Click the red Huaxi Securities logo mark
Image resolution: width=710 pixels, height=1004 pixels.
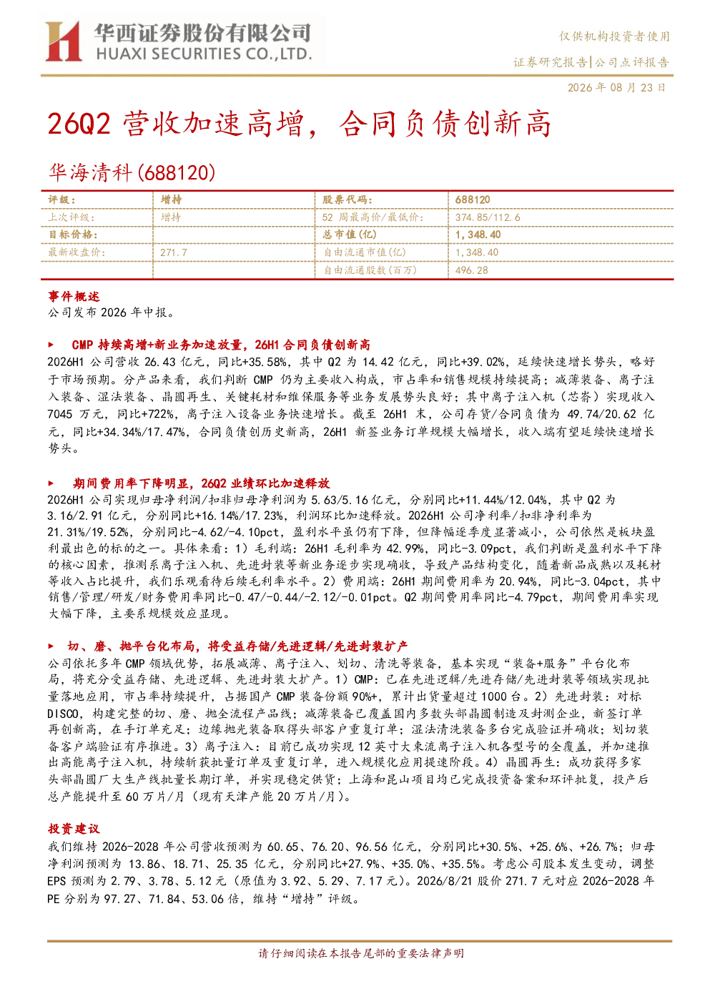pyautogui.click(x=64, y=41)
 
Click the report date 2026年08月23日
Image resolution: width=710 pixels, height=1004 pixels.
pyautogui.click(x=616, y=87)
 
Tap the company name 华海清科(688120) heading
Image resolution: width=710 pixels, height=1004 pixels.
pyautogui.click(x=132, y=172)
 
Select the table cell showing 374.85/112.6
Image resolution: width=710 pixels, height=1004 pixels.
pyautogui.click(x=488, y=217)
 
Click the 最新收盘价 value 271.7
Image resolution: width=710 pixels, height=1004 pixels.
pyautogui.click(x=174, y=252)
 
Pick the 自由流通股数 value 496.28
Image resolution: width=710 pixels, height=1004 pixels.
pyautogui.click(x=471, y=270)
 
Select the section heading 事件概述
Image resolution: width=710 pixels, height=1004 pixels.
pyautogui.click(x=74, y=296)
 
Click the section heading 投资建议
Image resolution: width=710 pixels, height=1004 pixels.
pyautogui.click(x=74, y=829)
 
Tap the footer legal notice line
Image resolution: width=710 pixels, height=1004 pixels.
pyautogui.click(x=361, y=953)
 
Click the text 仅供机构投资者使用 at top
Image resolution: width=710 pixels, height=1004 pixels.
pyautogui.click(x=614, y=36)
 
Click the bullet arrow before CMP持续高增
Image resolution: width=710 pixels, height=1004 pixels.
pyautogui.click(x=51, y=345)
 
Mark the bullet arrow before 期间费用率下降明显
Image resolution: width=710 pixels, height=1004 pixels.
pyautogui.click(x=51, y=483)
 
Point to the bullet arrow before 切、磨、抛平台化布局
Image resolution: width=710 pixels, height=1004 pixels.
pyautogui.click(x=51, y=646)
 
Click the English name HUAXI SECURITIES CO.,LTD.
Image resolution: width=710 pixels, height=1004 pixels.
pyautogui.click(x=204, y=54)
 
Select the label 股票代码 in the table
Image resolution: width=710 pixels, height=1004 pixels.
pyautogui.click(x=347, y=200)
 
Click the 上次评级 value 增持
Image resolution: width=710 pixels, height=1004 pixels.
pyautogui.click(x=171, y=217)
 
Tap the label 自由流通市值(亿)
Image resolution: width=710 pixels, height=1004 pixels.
pyautogui.click(x=365, y=252)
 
